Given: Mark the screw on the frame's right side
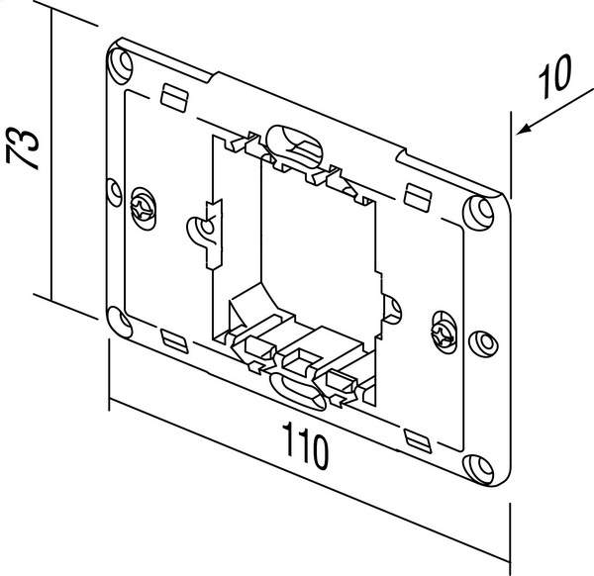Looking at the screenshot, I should coord(443,328).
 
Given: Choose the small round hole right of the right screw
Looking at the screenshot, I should coord(484,342).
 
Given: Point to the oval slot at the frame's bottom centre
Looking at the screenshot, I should coord(295,389).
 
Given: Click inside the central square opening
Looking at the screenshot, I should coord(307,247).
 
